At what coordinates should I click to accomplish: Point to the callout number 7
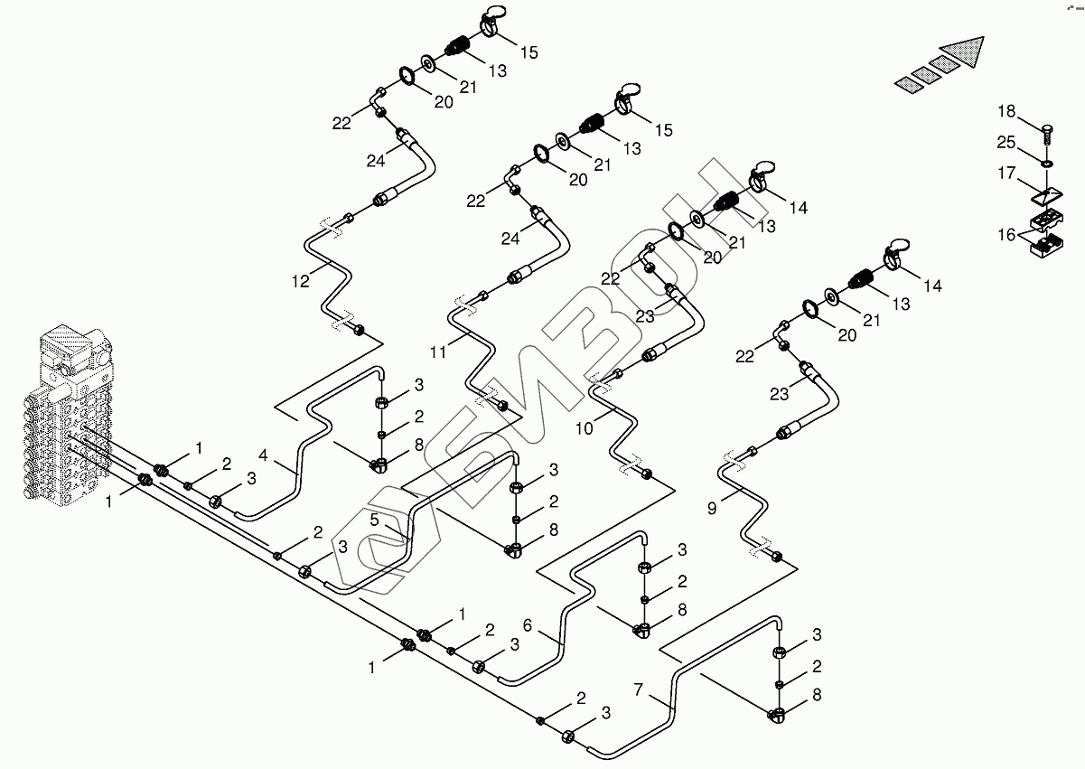(639, 690)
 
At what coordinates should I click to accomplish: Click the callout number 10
(585, 427)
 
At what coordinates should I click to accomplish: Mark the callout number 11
(438, 352)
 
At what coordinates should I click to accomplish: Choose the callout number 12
(300, 280)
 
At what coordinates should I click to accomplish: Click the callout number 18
(1006, 111)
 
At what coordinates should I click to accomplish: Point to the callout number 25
(1006, 143)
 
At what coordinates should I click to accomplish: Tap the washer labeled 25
(1046, 164)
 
